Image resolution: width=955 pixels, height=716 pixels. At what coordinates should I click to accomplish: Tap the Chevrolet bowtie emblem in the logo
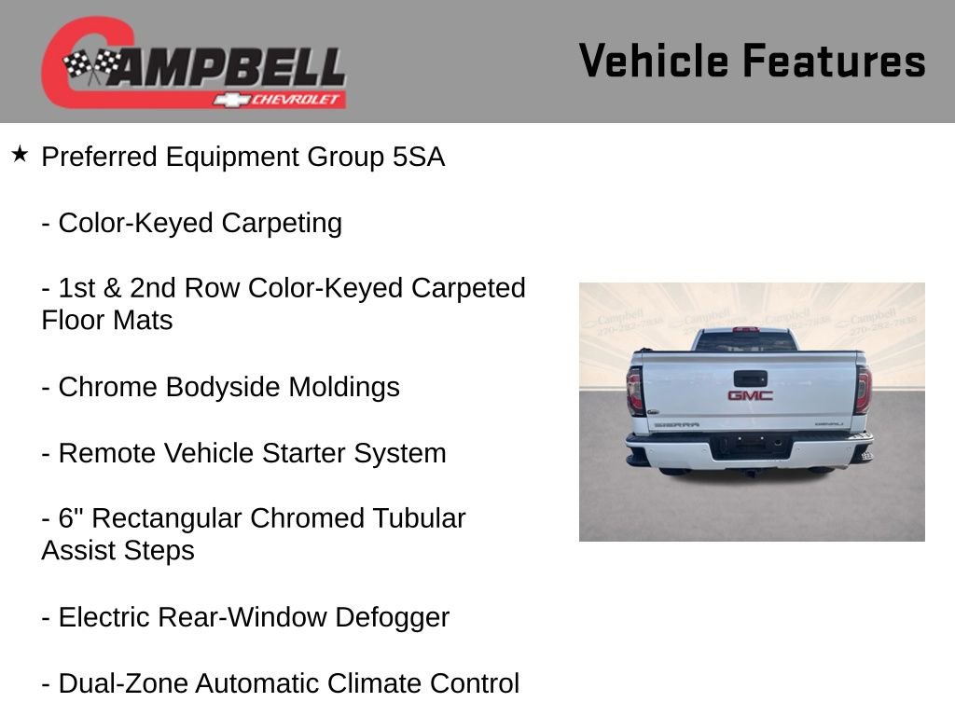(x=227, y=100)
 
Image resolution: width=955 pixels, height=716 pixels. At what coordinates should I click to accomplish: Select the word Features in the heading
(x=834, y=61)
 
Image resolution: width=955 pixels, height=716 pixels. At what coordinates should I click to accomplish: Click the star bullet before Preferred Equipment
(x=21, y=154)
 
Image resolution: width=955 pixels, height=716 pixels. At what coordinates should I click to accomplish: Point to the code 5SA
(x=419, y=158)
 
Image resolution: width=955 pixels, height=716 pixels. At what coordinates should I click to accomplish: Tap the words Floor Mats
(x=106, y=321)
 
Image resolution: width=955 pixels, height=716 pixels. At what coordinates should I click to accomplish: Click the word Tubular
(x=419, y=518)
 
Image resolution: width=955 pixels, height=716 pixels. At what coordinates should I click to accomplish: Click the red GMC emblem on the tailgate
(x=750, y=395)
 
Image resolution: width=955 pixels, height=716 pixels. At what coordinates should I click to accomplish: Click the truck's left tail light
(x=635, y=391)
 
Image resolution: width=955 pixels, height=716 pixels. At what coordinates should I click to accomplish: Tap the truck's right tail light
(x=863, y=390)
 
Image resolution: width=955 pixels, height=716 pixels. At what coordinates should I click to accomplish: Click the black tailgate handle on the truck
(x=750, y=379)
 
